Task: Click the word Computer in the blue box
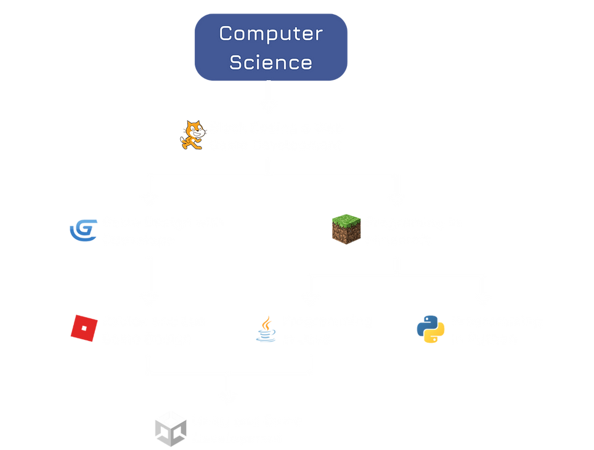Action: point(271,34)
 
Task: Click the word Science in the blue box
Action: point(271,62)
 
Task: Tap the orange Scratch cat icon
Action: point(192,135)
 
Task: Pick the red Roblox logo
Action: point(83,328)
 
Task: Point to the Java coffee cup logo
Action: point(266,329)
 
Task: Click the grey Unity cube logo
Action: point(170,428)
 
